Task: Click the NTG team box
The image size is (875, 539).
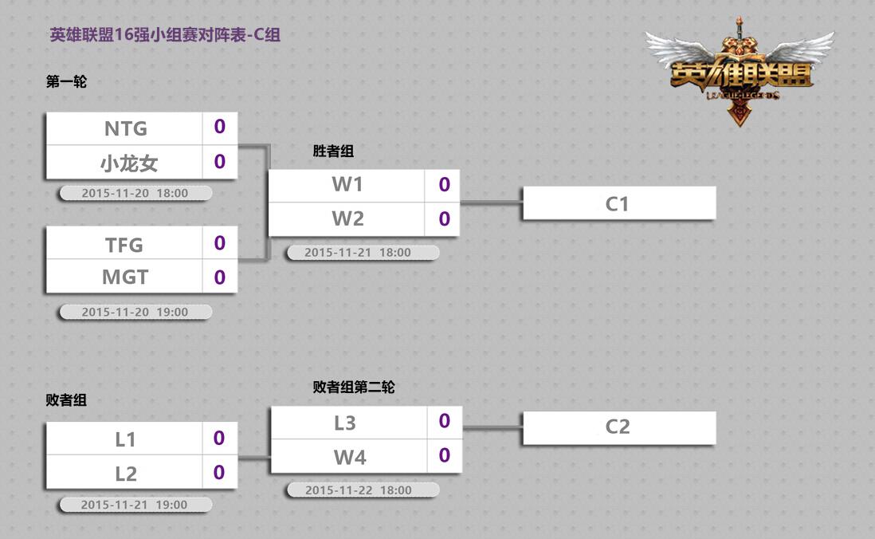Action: coord(126,128)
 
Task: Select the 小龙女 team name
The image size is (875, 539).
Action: coord(128,163)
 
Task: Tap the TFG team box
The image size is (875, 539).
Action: coord(125,244)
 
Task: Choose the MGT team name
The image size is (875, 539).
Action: coord(125,277)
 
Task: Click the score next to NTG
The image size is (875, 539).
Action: coord(220,127)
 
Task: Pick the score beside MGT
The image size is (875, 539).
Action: coord(220,277)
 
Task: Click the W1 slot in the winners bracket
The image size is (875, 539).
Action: coord(347,185)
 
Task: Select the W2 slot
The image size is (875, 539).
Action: coord(347,219)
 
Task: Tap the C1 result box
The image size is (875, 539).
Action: coord(618,203)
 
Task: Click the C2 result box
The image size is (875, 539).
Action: coord(618,427)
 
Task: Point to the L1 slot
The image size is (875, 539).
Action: coord(126,439)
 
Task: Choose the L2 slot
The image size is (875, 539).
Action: coord(126,474)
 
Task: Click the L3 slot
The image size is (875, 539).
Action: coord(345,423)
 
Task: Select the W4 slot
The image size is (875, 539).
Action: coord(350,457)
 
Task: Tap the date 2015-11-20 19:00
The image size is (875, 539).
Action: coord(135,313)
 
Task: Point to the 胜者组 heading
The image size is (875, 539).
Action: coord(333,151)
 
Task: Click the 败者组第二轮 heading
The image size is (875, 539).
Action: coord(354,387)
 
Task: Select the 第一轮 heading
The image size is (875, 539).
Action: coord(66,81)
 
